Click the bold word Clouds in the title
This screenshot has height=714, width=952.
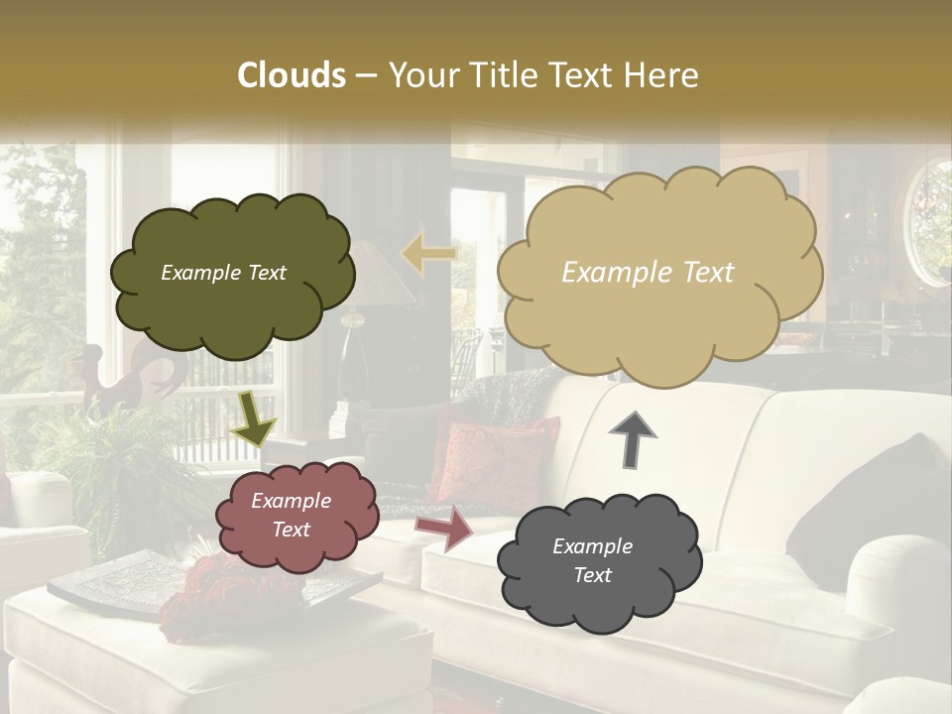click(x=292, y=75)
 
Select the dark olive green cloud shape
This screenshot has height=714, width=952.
click(x=232, y=274)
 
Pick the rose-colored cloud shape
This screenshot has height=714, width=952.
click(x=296, y=516)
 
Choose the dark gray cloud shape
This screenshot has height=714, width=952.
click(x=598, y=562)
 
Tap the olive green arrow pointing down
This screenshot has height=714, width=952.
click(x=254, y=417)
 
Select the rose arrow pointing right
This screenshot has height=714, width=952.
click(x=444, y=529)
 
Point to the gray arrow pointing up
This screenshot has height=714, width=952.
click(x=633, y=438)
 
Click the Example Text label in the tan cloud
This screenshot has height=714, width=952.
click(x=648, y=273)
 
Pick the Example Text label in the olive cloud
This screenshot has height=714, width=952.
click(x=223, y=273)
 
